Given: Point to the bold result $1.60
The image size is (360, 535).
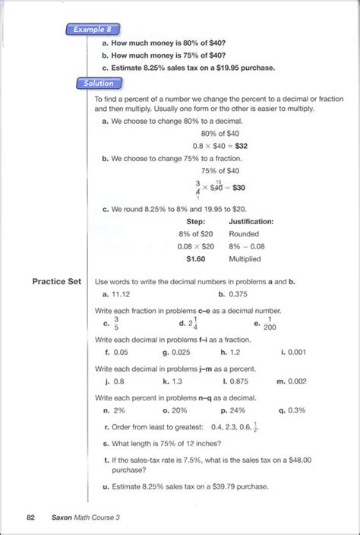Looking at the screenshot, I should pyautogui.click(x=197, y=258).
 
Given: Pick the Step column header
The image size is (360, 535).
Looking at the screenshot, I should pyautogui.click(x=195, y=222).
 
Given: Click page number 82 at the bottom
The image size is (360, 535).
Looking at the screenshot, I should pyautogui.click(x=30, y=517).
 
